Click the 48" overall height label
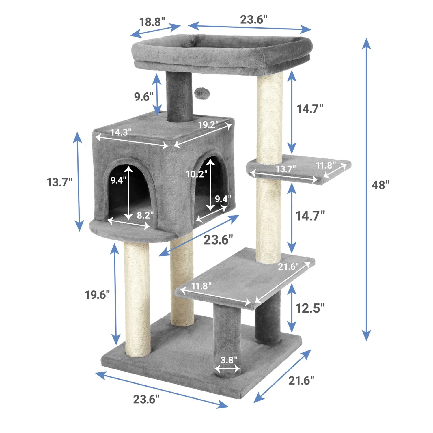pyautogui.click(x=380, y=185)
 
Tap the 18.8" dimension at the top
pyautogui.click(x=152, y=22)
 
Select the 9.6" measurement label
pyautogui.click(x=143, y=96)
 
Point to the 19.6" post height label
pyautogui.click(x=97, y=295)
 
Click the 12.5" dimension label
pyautogui.click(x=310, y=308)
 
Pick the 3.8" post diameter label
pyautogui.click(x=229, y=360)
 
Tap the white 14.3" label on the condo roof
pyautogui.click(x=121, y=132)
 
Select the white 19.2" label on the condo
pyautogui.click(x=208, y=124)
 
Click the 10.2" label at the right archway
pyautogui.click(x=196, y=174)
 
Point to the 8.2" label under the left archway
pyautogui.click(x=145, y=215)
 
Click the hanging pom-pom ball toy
pyautogui.click(x=199, y=93)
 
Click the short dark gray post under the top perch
pyautogui.click(x=179, y=97)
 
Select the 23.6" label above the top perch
pyautogui.click(x=253, y=20)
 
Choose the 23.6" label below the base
pyautogui.click(x=146, y=399)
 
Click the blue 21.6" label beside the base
pyautogui.click(x=301, y=380)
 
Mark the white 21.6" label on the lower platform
pyautogui.click(x=288, y=266)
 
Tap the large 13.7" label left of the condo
pyautogui.click(x=59, y=182)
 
